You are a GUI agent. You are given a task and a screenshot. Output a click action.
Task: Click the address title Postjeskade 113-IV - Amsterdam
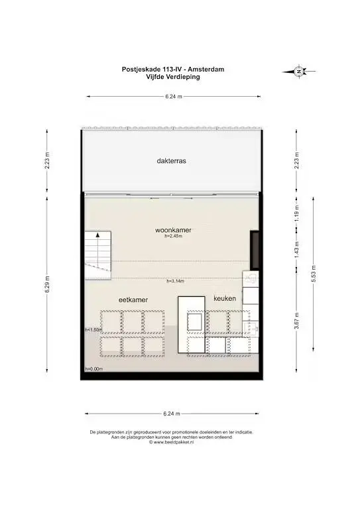170,69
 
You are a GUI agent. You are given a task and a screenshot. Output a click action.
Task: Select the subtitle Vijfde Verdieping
170,76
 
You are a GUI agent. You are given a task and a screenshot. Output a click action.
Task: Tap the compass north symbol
299,71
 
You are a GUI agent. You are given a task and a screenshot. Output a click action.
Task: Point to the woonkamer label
173,230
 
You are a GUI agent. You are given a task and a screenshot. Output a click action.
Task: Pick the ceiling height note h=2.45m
173,236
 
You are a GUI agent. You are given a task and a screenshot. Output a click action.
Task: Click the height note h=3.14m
175,281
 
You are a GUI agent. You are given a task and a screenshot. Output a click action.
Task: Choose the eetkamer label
133,300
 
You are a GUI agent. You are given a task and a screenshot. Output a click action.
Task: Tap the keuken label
225,299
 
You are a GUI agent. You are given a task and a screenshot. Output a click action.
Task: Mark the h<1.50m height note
93,329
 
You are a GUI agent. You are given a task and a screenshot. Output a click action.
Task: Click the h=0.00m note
94,368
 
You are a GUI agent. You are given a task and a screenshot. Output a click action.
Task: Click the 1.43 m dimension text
297,249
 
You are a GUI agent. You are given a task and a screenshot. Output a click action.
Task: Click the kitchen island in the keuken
194,321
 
